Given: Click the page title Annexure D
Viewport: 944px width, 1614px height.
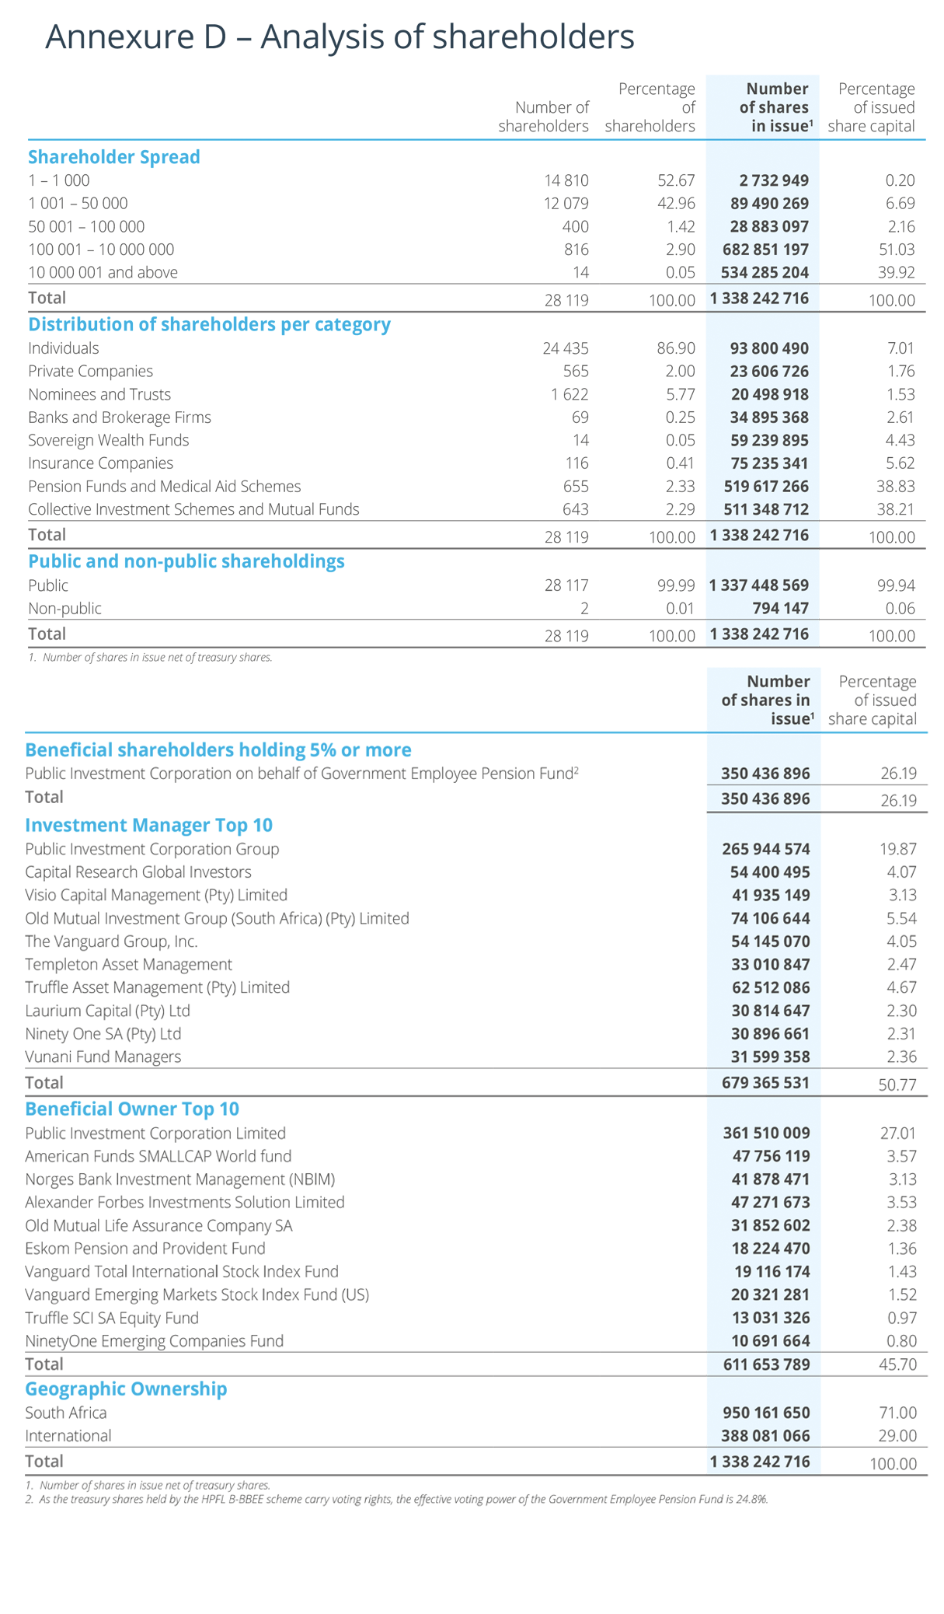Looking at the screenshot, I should point(339,37).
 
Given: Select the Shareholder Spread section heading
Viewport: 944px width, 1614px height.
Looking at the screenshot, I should point(114,157).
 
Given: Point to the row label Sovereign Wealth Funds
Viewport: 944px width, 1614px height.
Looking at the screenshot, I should point(108,440).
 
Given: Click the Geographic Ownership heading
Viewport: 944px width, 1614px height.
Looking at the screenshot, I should point(126,1389).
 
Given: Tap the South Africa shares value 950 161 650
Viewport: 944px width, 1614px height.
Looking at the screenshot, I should point(765,1413).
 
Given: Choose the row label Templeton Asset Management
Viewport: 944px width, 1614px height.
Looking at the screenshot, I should point(128,964).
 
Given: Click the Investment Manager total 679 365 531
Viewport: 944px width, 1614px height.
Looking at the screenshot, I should point(765,1082).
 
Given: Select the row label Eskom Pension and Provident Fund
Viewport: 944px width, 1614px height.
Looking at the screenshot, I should point(145,1249).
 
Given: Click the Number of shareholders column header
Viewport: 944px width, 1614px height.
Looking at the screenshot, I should point(543,117).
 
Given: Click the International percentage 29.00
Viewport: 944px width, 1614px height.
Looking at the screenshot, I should point(897,1436).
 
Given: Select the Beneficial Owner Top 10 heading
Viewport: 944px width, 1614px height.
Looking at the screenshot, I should point(132,1109).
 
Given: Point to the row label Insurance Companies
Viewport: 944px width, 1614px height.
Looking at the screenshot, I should point(100,463).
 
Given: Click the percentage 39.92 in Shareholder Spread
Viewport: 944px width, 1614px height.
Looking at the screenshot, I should point(894,273).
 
